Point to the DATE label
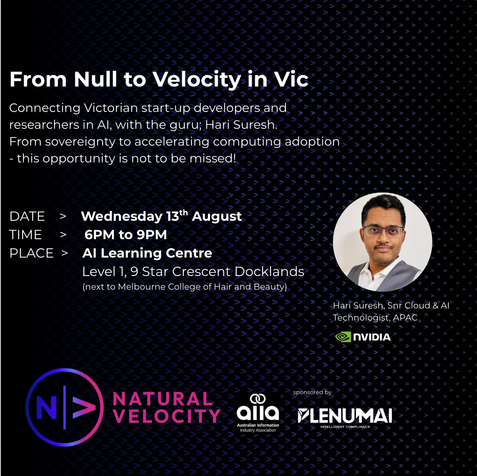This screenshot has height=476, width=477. click(27, 216)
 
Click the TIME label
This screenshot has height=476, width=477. click(25, 234)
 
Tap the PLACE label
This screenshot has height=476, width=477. click(31, 253)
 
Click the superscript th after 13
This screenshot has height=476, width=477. click(183, 213)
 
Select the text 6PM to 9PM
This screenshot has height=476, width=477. click(125, 234)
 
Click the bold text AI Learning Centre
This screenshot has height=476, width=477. click(147, 253)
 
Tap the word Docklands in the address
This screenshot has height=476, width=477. click(269, 272)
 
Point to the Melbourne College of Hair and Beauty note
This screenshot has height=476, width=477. click(184, 287)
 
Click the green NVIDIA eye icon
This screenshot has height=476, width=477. click(343, 337)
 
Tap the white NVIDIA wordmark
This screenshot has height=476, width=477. click(372, 337)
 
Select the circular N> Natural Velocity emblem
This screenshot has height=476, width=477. click(64, 407)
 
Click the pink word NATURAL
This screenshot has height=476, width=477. click(163, 399)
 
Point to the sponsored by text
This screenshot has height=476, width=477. click(312, 393)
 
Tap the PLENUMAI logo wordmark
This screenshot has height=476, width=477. click(345, 416)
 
